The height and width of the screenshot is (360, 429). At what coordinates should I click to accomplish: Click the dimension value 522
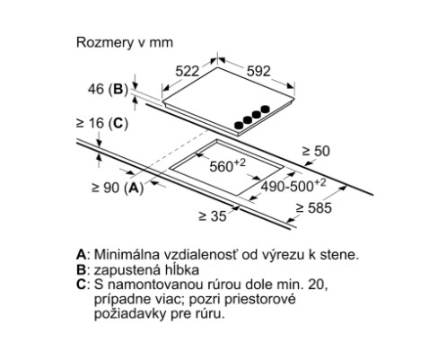pos(187,71)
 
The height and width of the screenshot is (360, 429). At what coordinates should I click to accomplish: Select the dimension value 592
pos(258,71)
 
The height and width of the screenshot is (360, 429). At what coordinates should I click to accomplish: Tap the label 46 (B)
pos(108,89)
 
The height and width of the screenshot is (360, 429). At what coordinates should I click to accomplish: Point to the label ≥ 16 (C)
pos(102,123)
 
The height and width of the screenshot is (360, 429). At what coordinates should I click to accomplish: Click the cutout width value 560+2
pos(227,165)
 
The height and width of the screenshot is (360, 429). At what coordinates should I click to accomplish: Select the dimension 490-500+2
pos(293,186)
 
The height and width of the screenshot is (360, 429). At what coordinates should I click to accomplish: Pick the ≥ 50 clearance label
pos(316,151)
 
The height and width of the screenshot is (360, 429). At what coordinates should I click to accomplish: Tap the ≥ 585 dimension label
pos(314,208)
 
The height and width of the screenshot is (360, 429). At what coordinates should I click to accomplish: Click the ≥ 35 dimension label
pos(213,216)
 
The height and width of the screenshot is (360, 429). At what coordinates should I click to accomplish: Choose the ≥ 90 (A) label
pos(118,188)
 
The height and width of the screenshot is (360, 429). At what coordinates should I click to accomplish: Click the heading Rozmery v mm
pos(125,42)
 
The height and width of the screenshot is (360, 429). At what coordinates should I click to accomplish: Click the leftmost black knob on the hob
pos(239,126)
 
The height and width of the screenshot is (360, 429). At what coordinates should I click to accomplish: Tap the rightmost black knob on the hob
pos(265,110)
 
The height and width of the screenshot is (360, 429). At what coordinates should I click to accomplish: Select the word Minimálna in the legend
pos(127,255)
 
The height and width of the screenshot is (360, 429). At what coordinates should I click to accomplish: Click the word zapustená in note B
pos(126,270)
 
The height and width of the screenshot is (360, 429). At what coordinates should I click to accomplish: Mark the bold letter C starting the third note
pos(82,285)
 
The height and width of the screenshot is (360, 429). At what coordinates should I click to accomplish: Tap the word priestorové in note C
pos(260,300)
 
